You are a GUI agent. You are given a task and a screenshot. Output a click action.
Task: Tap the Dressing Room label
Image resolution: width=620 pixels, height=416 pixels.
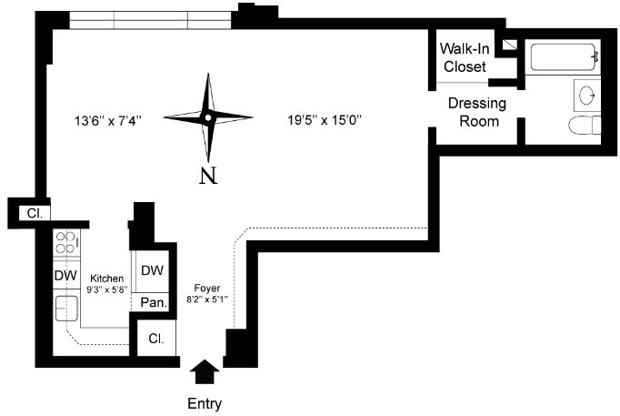(x=476, y=112)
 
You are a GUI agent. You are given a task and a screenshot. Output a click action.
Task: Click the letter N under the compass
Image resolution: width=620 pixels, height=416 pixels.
(x=208, y=174)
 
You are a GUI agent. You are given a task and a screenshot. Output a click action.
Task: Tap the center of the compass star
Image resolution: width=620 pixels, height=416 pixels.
(x=208, y=117)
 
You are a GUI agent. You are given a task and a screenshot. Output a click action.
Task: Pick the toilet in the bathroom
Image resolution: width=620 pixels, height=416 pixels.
(x=583, y=126)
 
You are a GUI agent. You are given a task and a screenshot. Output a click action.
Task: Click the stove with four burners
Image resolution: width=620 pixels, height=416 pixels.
(x=66, y=242)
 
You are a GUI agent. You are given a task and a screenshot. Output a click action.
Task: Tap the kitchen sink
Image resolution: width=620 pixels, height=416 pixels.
(x=65, y=309)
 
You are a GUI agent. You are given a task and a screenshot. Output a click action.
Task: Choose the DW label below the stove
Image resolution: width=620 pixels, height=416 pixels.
(x=65, y=275)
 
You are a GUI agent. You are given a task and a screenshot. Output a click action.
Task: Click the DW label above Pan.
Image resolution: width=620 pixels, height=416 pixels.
(x=151, y=270)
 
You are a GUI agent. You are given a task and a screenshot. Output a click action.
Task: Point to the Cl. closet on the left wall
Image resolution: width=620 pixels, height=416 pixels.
(x=35, y=213)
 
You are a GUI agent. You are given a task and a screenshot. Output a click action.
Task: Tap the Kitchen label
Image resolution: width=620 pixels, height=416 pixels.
(x=105, y=278)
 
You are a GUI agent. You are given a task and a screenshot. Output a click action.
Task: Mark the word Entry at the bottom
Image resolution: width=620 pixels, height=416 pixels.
(x=204, y=402)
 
